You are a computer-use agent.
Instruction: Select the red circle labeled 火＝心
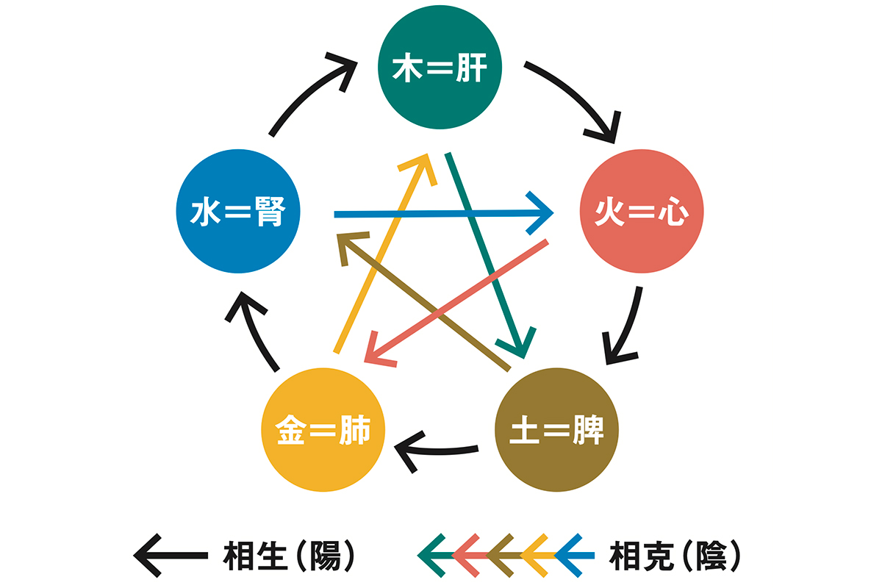[x=642, y=213]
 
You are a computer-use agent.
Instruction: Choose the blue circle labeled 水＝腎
[x=239, y=213]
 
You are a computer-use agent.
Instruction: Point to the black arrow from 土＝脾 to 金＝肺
[x=441, y=445]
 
